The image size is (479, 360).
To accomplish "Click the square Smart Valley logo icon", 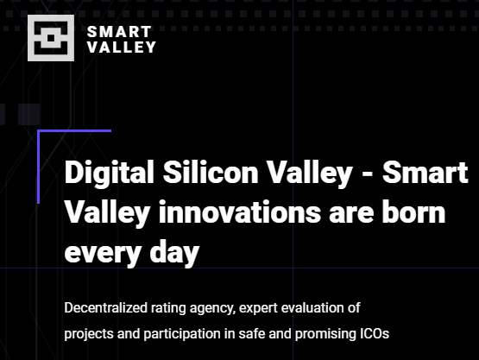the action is pos(51,38).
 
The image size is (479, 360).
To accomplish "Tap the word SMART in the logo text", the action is pos(119,32).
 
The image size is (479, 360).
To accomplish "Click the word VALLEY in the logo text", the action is pos(122,47).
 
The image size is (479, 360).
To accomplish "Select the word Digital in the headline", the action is pos(109,173).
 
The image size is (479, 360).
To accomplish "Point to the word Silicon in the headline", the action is pos(211,172).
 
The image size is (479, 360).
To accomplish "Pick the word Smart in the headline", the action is pos(425,172).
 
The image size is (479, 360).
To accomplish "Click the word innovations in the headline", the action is pos(240,212).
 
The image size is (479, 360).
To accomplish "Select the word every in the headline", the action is pos(103,254).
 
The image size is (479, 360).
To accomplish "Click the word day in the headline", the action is pos(174,252).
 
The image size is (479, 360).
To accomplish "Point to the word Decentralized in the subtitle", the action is pos(106,307).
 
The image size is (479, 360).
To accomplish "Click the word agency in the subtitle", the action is pos(212,309).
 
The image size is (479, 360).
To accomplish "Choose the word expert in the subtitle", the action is pos(258,308).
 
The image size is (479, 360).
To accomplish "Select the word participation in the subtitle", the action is pos(182,334).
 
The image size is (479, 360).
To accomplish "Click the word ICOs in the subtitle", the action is pos(375,333).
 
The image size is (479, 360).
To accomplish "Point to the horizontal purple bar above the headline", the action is pos(74,131).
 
